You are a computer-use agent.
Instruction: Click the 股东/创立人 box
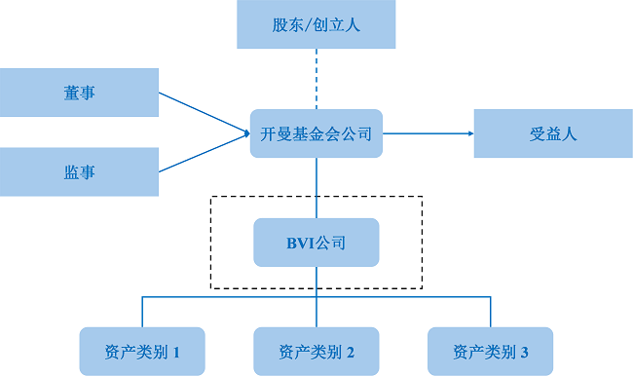316,25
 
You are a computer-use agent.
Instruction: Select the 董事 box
79,93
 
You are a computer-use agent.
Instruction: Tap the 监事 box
79,171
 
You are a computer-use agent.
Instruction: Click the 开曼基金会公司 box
316,134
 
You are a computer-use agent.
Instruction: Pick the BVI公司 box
316,243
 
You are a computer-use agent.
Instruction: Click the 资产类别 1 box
142,351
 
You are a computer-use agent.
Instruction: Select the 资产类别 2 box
316,351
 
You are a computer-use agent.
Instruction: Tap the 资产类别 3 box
491,351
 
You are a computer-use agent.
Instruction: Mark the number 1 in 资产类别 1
176,352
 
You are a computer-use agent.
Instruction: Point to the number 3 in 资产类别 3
524,352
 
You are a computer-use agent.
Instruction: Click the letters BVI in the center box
301,243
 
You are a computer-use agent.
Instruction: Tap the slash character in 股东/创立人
312,25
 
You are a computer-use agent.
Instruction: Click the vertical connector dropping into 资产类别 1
142,312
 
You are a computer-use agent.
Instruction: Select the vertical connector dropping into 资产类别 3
491,312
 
